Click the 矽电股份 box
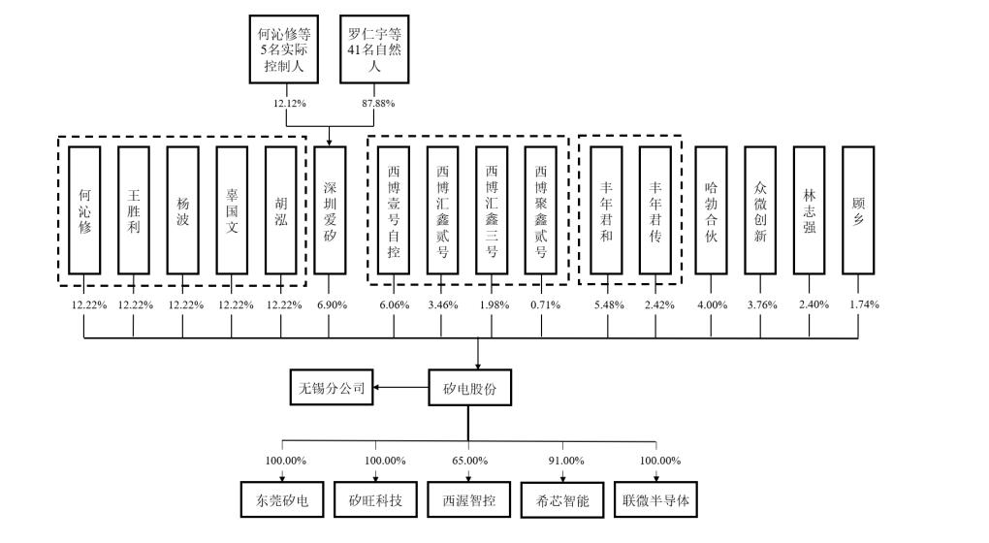pos(468,390)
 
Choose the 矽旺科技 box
pos(375,500)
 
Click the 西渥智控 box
pos(469,500)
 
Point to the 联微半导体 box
pos(658,500)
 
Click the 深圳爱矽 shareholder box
pos(330,209)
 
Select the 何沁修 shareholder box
pos(84,209)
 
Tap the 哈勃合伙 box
pos(711,209)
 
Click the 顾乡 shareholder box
pos(858,209)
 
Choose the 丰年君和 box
pos(607,209)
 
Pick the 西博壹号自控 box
pos(394,209)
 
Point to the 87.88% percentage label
pos(377,102)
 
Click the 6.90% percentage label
pos(331,305)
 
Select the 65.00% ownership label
pos(469,460)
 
